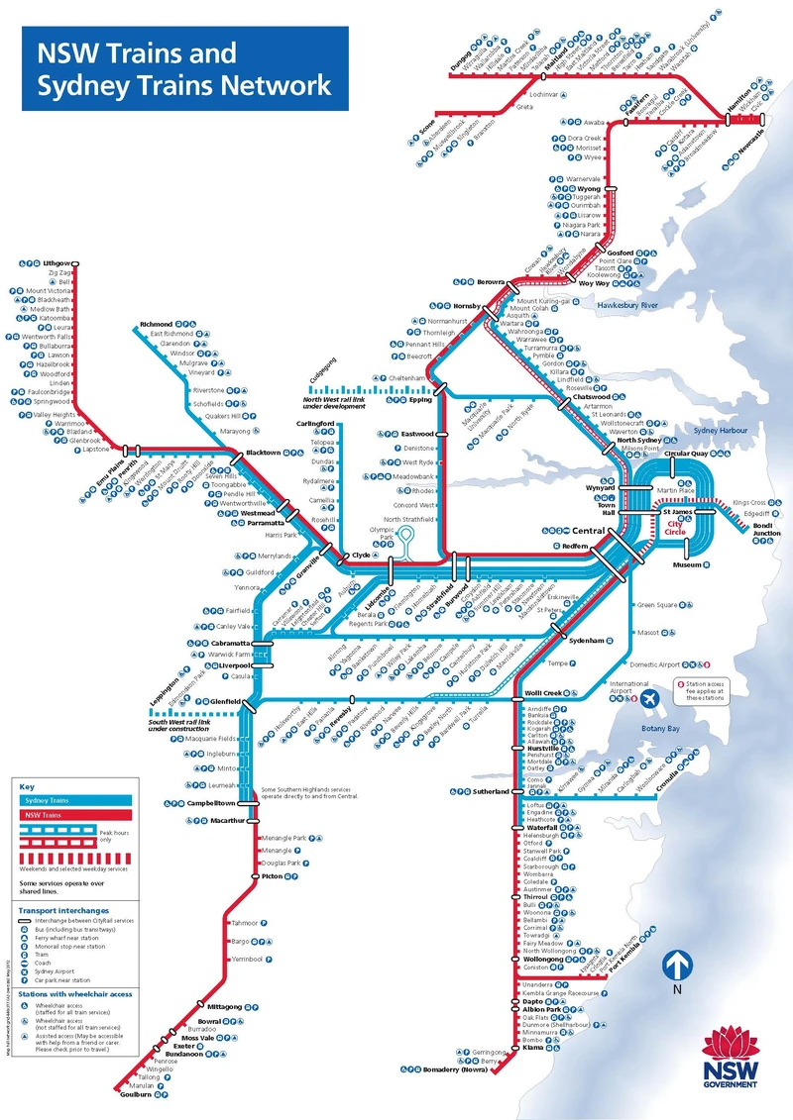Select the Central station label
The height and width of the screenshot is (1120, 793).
tap(587, 531)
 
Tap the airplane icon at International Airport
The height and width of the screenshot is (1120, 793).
tap(650, 699)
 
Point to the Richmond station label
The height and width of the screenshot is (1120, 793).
tap(157, 324)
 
